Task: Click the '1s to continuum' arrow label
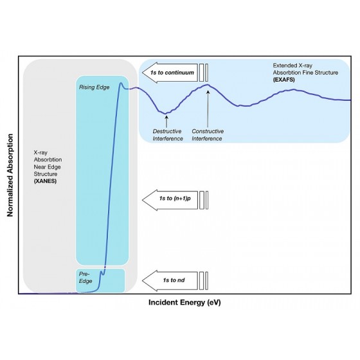(x=172, y=73)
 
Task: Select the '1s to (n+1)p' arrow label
(x=175, y=199)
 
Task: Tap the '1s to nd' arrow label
(x=174, y=280)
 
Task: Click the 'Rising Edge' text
(x=94, y=87)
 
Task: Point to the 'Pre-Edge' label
(x=85, y=277)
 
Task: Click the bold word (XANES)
(x=45, y=181)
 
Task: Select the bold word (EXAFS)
(x=283, y=80)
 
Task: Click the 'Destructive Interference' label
(x=168, y=135)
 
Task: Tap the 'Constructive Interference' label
(x=208, y=135)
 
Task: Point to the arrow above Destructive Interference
(x=166, y=122)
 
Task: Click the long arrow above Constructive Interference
(x=208, y=109)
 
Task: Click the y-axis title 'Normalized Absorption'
(x=10, y=175)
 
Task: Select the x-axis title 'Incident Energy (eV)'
(x=184, y=302)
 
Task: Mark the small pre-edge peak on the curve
(x=101, y=271)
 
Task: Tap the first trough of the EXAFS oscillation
(x=165, y=113)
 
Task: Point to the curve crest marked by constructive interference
(x=207, y=85)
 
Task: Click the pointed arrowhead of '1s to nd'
(x=143, y=280)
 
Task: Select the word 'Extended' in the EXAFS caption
(x=283, y=66)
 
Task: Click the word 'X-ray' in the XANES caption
(x=40, y=153)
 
